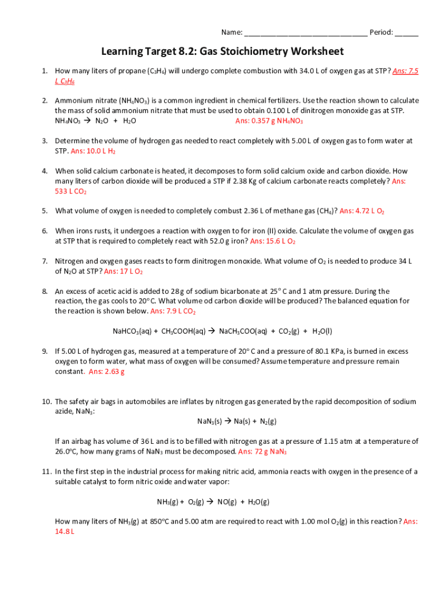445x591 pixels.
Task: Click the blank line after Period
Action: pos(407,33)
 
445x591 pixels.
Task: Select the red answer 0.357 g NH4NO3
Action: pos(269,121)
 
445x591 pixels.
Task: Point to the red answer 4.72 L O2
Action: pos(362,211)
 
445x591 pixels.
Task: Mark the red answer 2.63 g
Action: pos(107,372)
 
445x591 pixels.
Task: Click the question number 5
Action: pos(44,211)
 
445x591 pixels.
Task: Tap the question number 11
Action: pos(46,472)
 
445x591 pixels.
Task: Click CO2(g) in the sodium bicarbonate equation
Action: pos(285,332)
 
